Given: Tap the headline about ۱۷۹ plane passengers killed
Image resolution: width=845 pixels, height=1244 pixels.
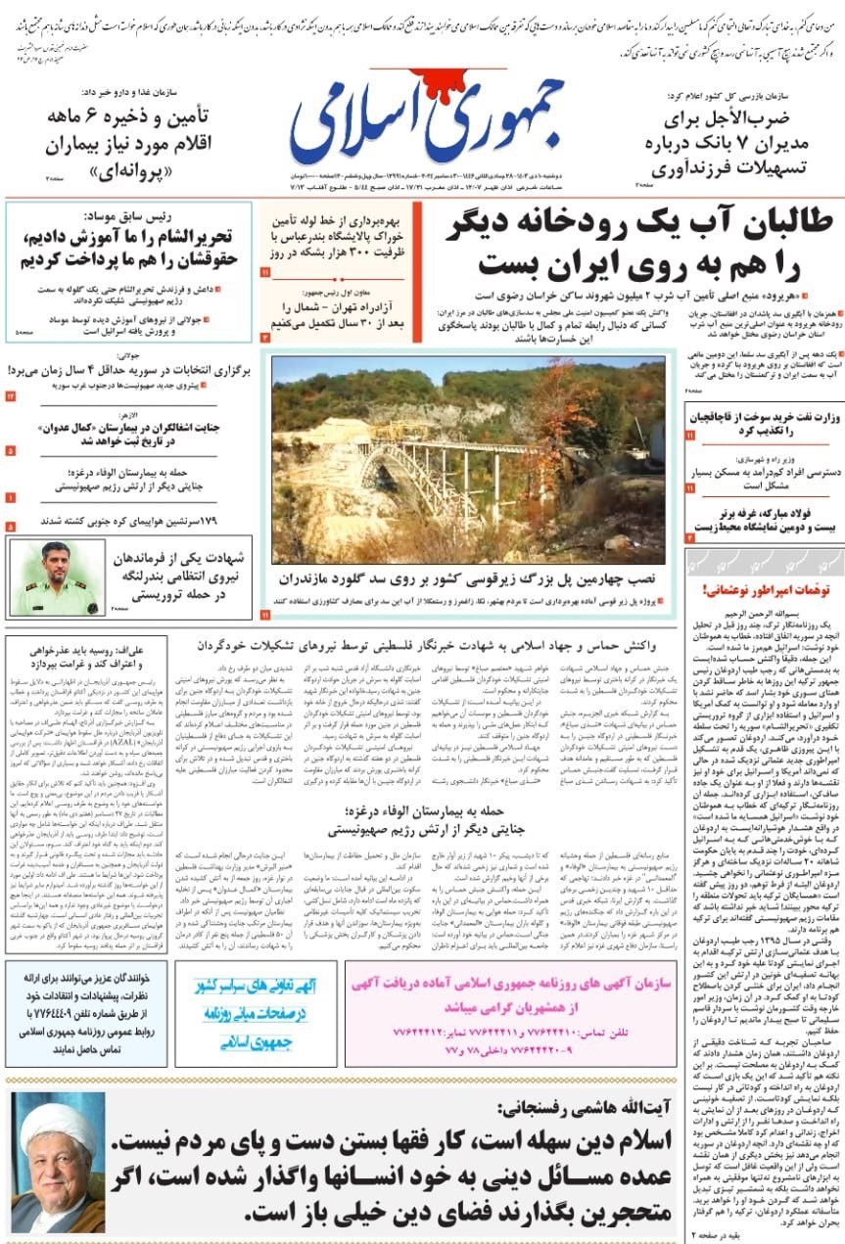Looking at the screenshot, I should pos(127,520).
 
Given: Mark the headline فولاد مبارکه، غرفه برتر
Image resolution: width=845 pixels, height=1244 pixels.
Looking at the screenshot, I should pos(763,520).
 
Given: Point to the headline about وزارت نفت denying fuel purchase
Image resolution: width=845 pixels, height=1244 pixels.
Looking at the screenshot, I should pos(763,424).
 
